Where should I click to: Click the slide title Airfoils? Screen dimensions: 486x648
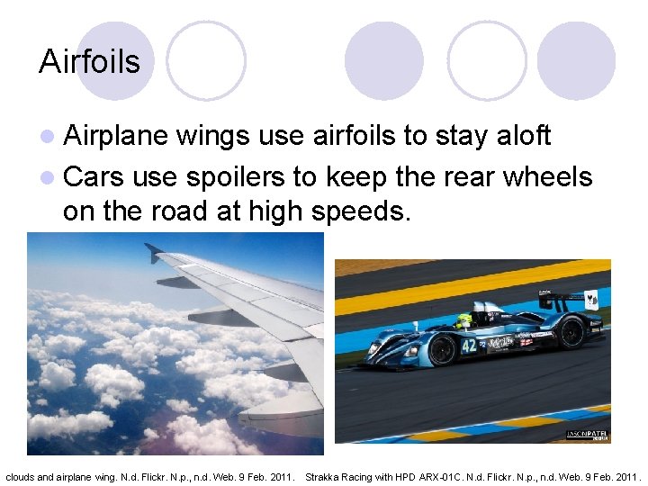(x=89, y=61)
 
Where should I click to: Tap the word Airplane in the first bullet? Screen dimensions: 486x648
(x=116, y=135)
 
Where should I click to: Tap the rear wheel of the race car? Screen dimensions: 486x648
(x=571, y=332)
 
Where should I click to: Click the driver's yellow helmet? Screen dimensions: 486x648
(x=464, y=319)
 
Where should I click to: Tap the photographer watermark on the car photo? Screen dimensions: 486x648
(x=588, y=435)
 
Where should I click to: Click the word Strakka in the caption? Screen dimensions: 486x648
(x=323, y=475)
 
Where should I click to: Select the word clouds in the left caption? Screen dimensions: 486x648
(x=20, y=475)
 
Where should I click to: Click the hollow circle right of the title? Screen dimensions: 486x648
(x=206, y=60)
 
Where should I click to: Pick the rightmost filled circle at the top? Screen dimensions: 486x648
(x=576, y=60)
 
